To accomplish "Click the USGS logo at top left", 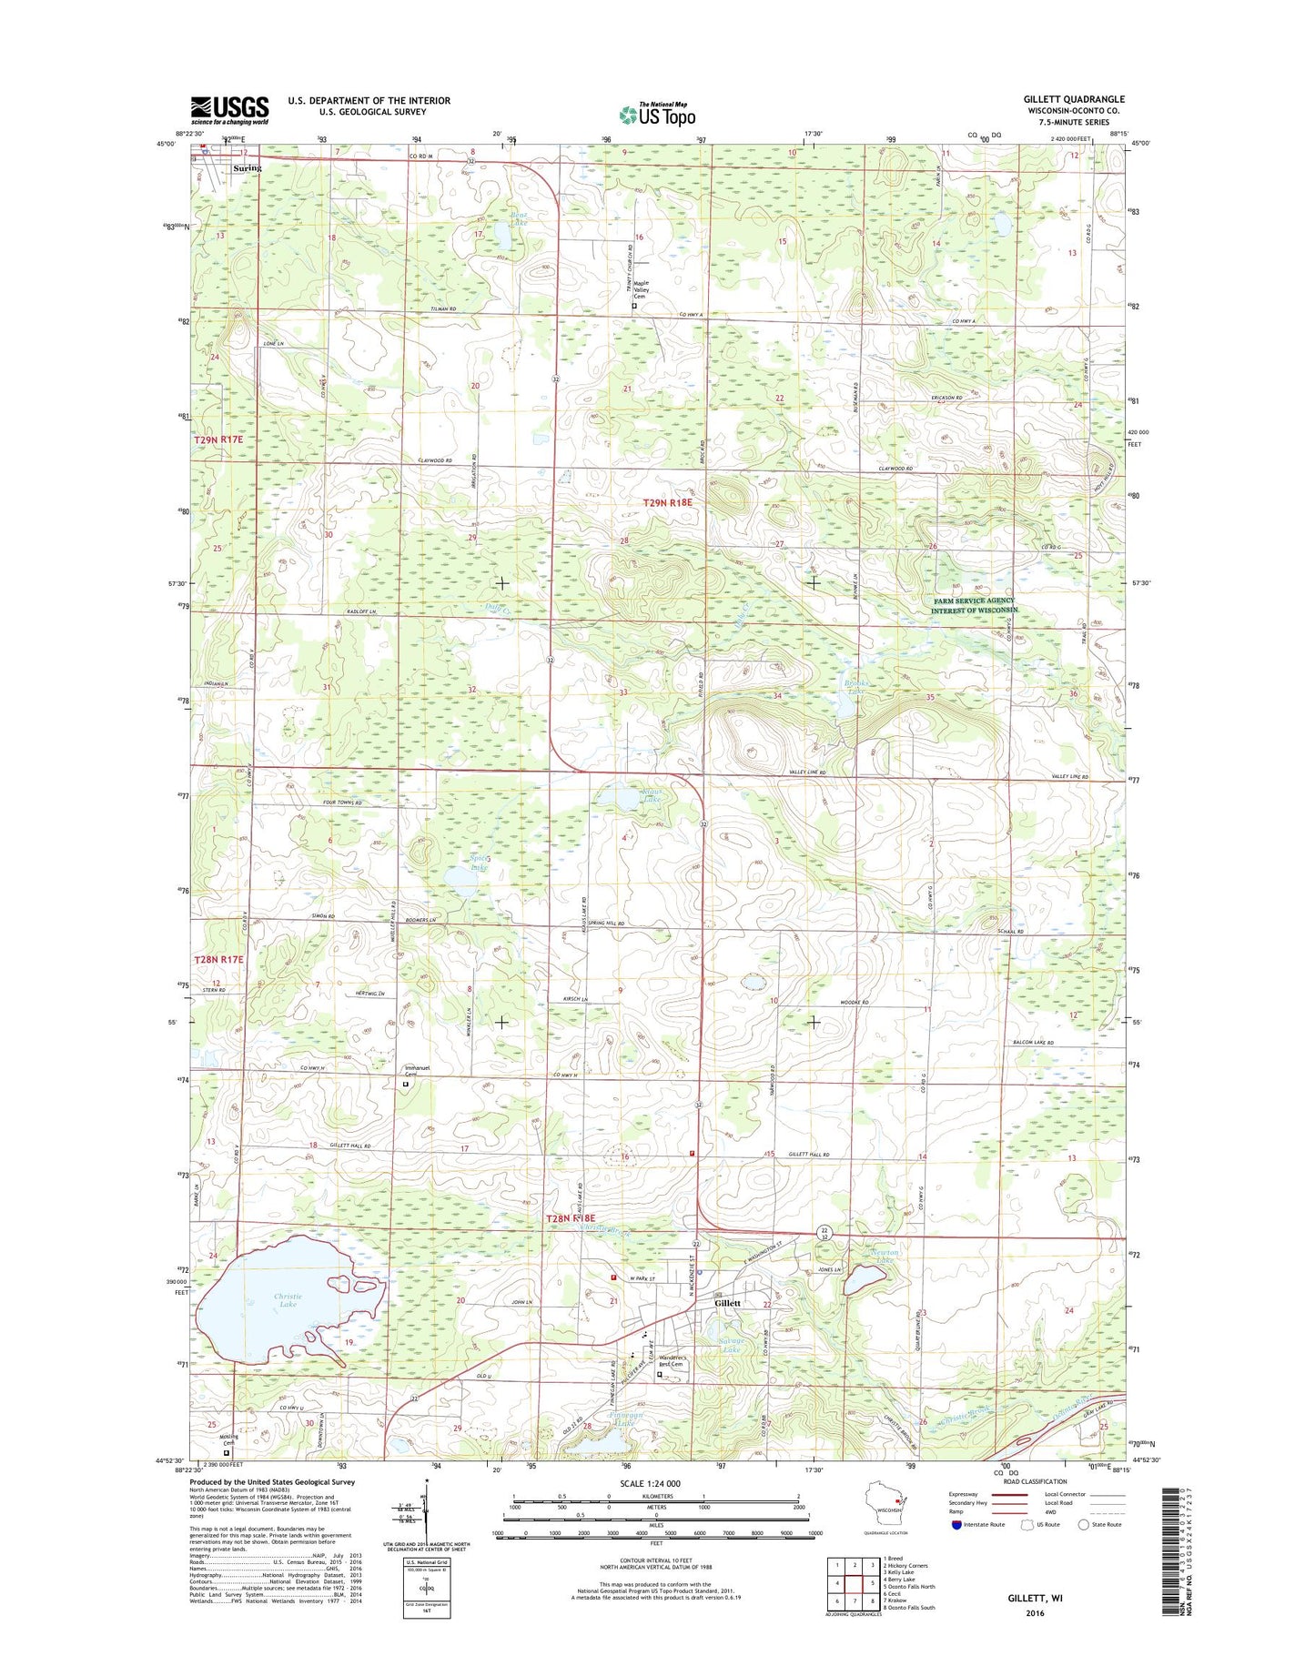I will (x=229, y=110).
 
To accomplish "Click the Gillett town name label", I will (x=728, y=1303).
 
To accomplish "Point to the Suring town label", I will (x=247, y=168).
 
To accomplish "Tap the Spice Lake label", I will (x=480, y=863).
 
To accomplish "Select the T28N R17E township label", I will (x=218, y=959).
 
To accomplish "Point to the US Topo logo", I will (x=657, y=115).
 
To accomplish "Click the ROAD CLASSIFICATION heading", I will (x=1035, y=1481).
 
